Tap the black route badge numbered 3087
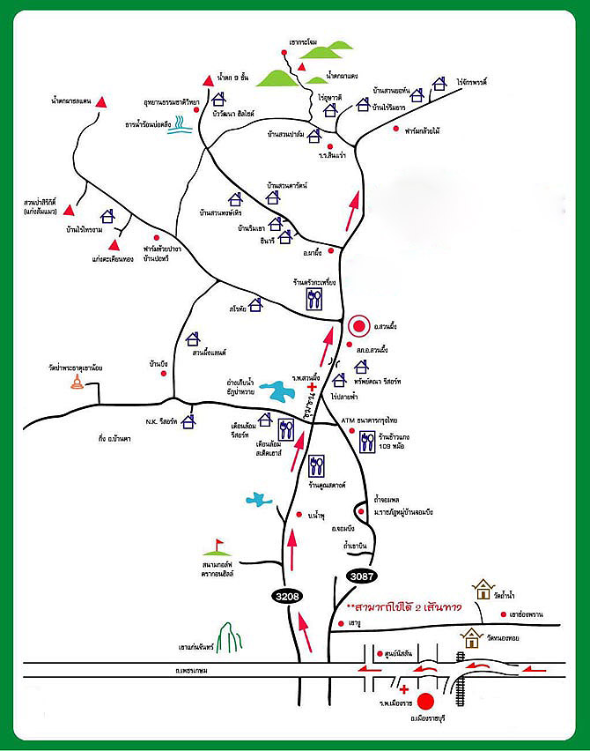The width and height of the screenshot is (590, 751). [x=362, y=576]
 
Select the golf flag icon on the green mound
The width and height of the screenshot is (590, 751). [x=218, y=546]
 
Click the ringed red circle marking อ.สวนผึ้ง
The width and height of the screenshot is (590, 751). [x=358, y=326]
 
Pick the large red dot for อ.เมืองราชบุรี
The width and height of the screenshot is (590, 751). [x=426, y=702]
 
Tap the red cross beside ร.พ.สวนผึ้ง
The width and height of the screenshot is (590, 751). [x=310, y=387]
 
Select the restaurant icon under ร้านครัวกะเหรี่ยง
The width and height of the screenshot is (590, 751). [x=314, y=300]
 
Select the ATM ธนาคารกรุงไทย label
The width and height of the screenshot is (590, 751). [x=369, y=421]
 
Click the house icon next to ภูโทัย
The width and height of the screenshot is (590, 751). [x=254, y=305]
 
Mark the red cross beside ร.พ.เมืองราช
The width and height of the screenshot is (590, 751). [x=403, y=689]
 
